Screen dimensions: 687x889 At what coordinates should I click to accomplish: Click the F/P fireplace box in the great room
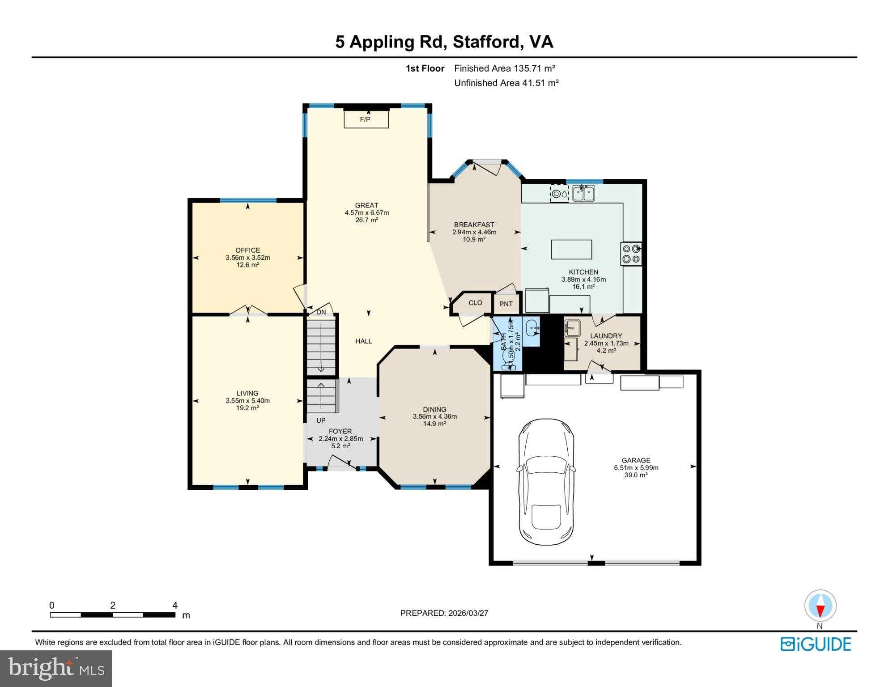366,119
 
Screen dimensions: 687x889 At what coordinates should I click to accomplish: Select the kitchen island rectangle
571,250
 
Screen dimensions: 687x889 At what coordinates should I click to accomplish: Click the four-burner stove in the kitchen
631,254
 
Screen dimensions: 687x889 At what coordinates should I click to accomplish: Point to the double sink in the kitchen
583,194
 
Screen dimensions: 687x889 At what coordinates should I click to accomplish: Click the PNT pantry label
506,304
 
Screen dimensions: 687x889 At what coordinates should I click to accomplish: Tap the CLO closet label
475,303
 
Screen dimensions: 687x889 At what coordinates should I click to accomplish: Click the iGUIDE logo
816,644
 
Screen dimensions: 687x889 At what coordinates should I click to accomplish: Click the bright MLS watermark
55,668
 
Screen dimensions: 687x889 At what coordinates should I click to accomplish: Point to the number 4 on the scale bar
175,606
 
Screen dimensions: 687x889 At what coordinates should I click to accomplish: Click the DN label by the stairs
321,312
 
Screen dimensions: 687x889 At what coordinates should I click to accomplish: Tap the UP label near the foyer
321,420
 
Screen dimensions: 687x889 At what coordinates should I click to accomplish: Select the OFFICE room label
248,250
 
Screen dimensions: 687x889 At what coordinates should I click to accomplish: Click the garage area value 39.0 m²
636,475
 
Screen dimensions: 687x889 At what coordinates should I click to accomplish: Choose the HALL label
364,341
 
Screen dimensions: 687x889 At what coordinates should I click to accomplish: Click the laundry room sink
571,328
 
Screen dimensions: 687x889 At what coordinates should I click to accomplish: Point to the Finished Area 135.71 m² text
504,68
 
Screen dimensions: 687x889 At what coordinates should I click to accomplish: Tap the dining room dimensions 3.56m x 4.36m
434,416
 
